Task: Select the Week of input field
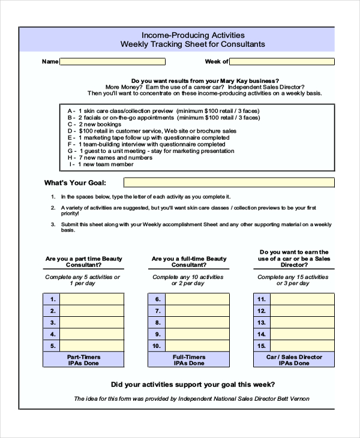(282, 61)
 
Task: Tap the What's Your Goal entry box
(229, 182)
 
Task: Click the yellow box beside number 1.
(92, 299)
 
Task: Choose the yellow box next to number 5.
(92, 346)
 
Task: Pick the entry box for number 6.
(197, 299)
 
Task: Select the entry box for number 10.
(197, 346)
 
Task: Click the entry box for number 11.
(302, 299)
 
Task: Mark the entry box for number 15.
(302, 346)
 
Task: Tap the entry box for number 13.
(302, 322)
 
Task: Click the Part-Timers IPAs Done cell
(83, 359)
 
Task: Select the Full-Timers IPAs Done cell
(188, 359)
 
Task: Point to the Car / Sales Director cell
(294, 359)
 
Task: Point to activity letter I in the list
(71, 164)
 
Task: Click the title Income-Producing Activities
(193, 35)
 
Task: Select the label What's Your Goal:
(75, 182)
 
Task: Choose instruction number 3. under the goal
(53, 224)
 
